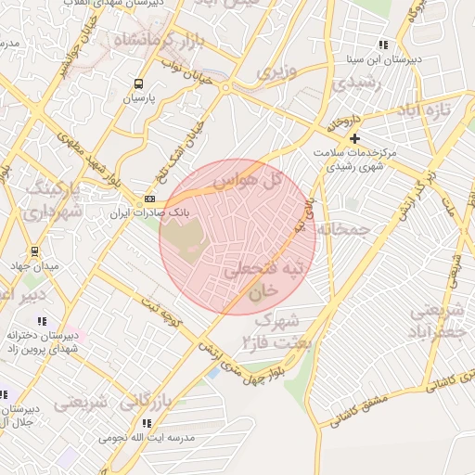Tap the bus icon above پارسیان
[x=138, y=83]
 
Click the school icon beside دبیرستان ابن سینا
[x=383, y=45]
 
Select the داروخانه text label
[x=340, y=121]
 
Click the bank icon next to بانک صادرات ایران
[x=150, y=199]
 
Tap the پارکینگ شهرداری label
[x=53, y=200]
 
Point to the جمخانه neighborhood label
[x=343, y=228]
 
